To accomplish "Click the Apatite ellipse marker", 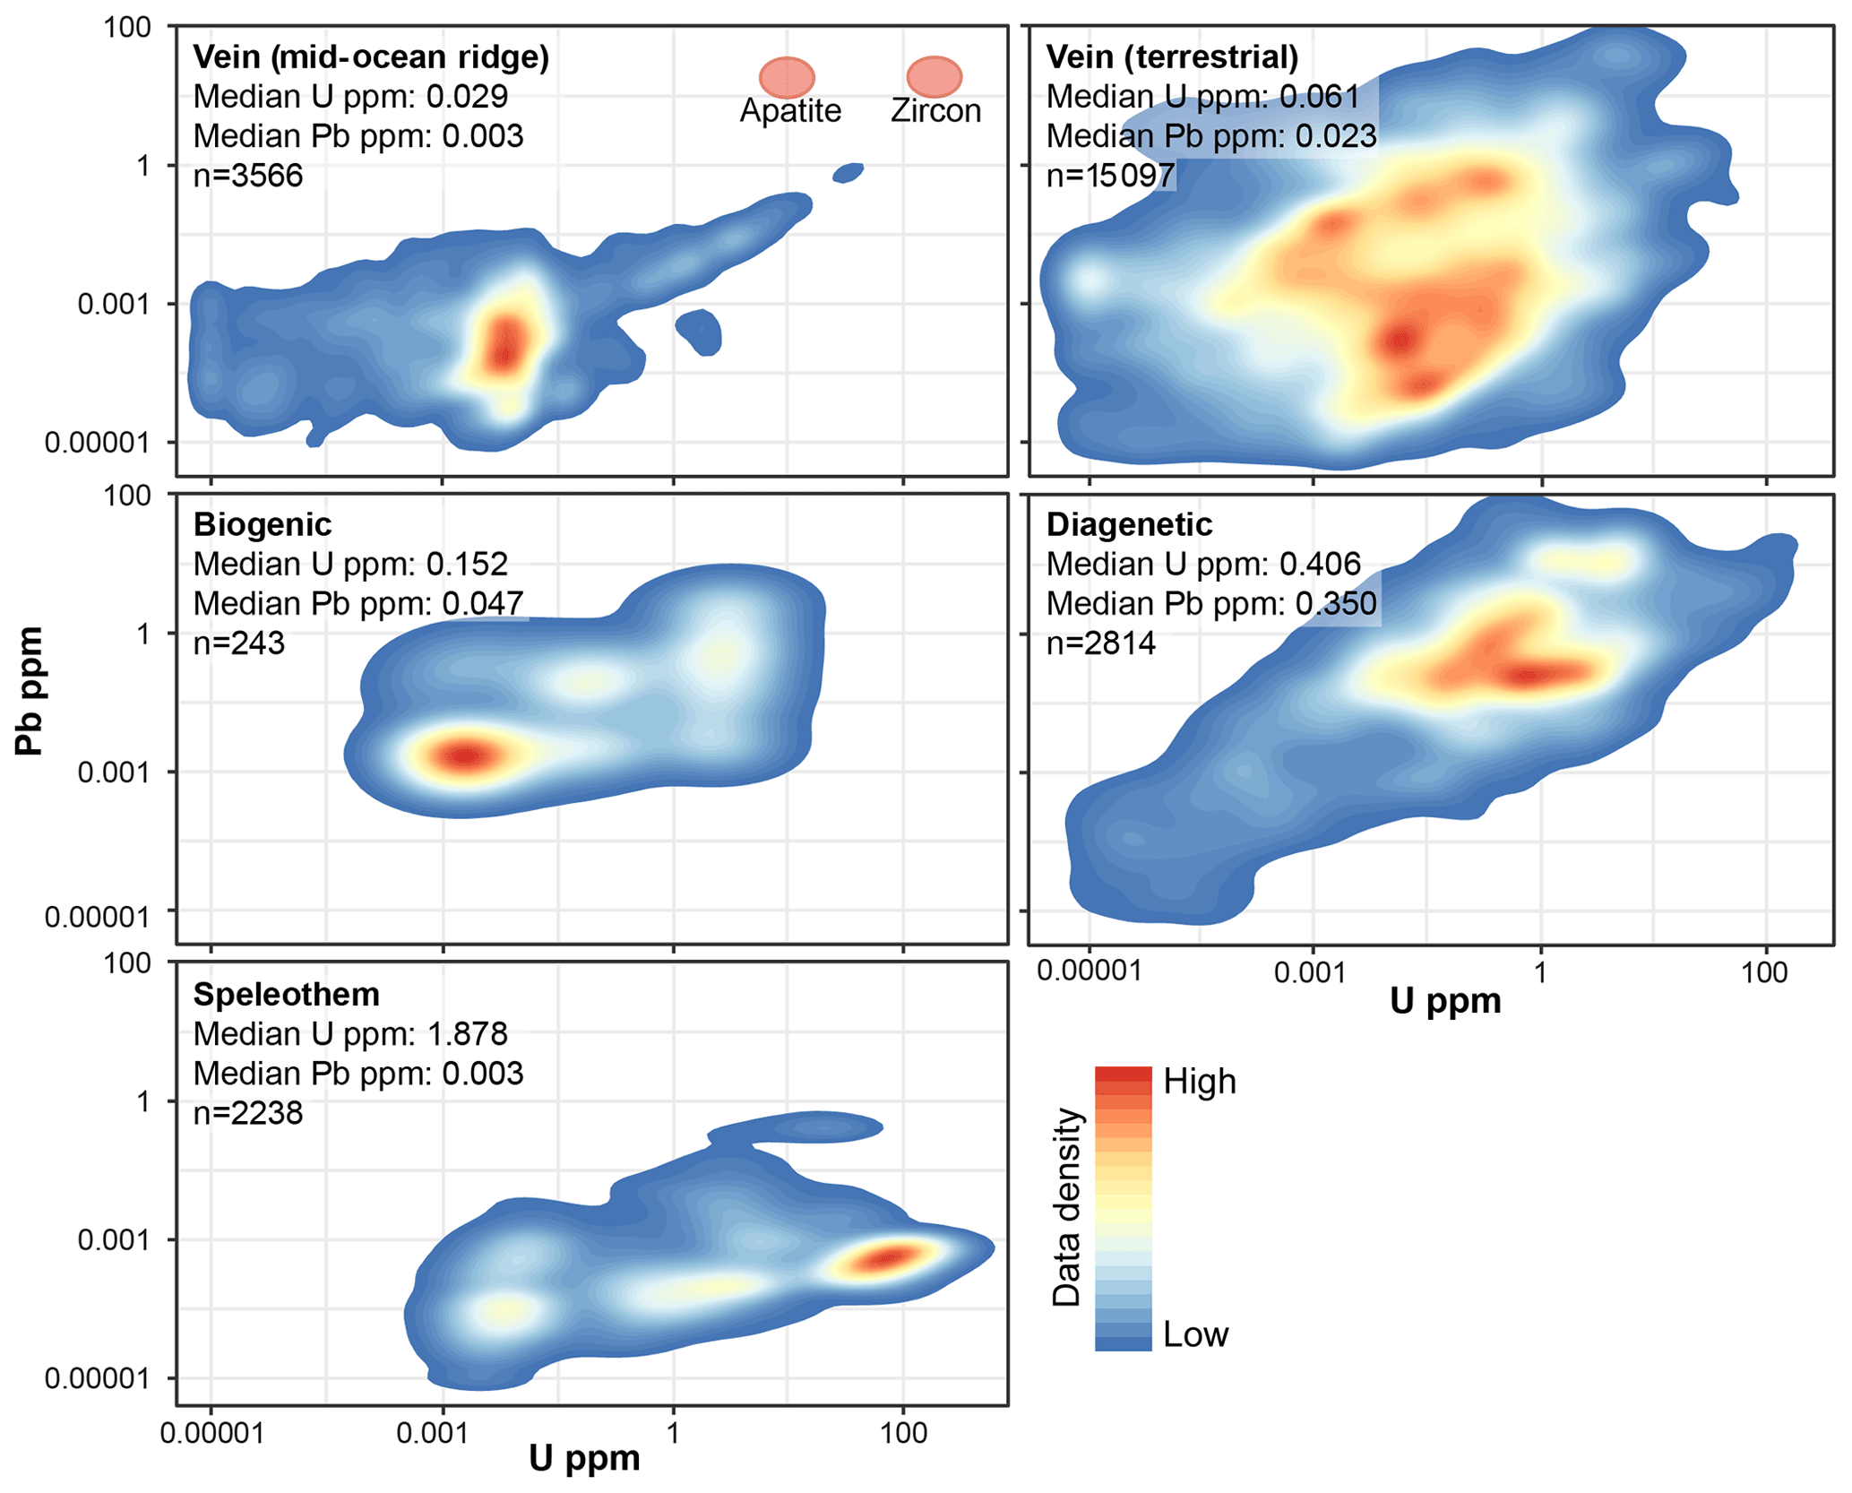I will point(787,78).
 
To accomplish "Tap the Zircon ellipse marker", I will point(934,77).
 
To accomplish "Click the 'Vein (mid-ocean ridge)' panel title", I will point(371,57).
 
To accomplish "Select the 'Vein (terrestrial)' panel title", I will point(1172,57).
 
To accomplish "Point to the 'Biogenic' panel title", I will point(263,524).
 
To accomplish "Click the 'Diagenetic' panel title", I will point(1129,524).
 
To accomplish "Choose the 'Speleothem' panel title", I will point(287,994).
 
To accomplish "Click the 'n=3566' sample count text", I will point(248,176).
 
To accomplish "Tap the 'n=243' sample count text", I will point(239,643).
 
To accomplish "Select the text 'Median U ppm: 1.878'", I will point(350,1033).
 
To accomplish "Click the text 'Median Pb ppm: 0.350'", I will point(1211,604).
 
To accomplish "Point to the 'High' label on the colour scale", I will point(1199,1082).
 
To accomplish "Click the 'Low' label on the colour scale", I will point(1195,1334).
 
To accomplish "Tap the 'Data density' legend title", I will point(1066,1207).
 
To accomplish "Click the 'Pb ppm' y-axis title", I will point(30,691).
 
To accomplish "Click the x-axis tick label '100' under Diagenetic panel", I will point(1764,972).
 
